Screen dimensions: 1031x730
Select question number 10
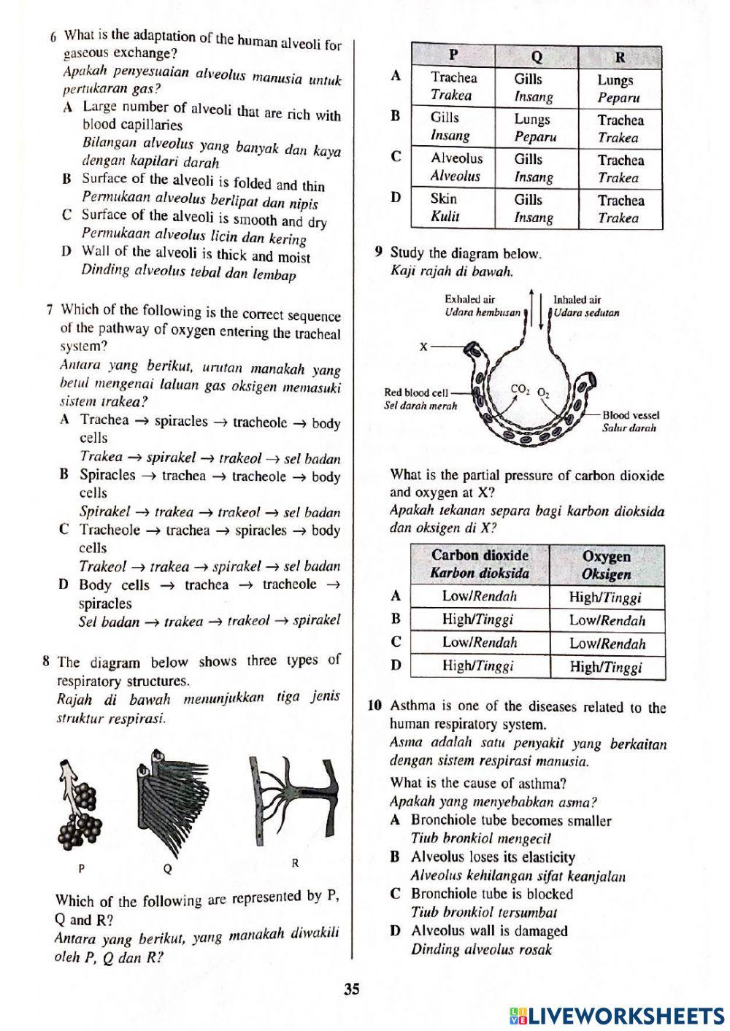tap(374, 706)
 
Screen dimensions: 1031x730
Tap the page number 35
tap(352, 989)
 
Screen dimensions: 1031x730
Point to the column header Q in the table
tap(537, 56)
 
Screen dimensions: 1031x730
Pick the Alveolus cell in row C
tap(456, 166)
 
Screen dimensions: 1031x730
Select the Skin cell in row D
tap(444, 207)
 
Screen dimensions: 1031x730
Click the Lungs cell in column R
tap(615, 88)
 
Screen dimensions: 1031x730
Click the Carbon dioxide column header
tap(480, 564)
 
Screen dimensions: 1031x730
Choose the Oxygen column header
tap(606, 565)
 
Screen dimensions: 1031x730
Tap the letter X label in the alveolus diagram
tap(423, 347)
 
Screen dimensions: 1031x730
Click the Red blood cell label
tap(416, 398)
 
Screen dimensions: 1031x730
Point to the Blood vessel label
tap(630, 421)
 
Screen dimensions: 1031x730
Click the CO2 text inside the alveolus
tap(520, 390)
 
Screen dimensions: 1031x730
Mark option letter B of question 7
tap(64, 475)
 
